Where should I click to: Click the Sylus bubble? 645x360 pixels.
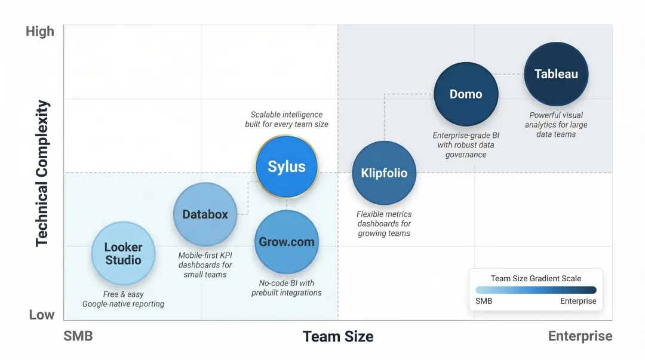point(287,167)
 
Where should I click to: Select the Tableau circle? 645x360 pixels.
point(556,74)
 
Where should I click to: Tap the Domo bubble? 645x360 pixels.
point(466,94)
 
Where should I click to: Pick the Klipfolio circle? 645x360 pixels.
point(384,173)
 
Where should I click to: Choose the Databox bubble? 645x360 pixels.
point(205,214)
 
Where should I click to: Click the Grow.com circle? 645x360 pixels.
point(287,242)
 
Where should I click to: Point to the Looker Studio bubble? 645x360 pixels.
point(123,254)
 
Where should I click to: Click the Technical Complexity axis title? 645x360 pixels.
point(42,173)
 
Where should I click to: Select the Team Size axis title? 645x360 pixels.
point(338,337)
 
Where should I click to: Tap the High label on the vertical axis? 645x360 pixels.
point(40,32)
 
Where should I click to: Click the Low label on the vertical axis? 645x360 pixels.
point(42,315)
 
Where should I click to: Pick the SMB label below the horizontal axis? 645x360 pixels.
point(78,336)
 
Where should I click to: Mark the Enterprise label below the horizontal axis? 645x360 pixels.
point(580,336)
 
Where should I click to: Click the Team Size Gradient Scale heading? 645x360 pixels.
point(536,278)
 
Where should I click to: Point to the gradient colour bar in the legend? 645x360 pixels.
point(536,290)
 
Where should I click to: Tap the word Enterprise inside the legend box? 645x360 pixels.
point(578,301)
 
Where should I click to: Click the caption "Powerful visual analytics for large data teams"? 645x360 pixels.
point(556,125)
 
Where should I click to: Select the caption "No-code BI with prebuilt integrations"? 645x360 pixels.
point(287,288)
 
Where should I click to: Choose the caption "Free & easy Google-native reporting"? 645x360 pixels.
point(123,299)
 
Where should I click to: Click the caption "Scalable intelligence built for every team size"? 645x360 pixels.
point(287,119)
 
